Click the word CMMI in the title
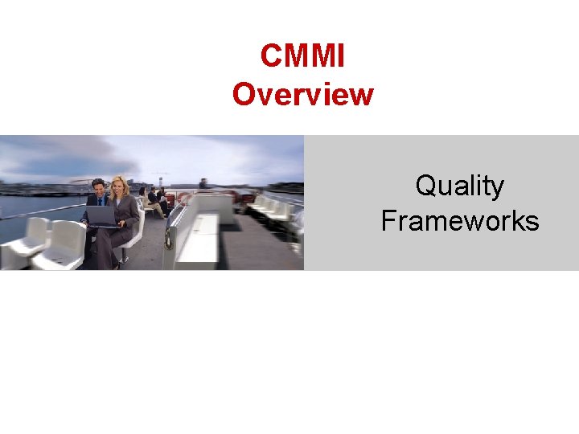(x=302, y=56)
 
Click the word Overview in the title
(x=302, y=94)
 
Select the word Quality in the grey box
(x=459, y=186)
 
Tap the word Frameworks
(x=459, y=219)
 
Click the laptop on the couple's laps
(x=102, y=215)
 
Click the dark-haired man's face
(x=98, y=190)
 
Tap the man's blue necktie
(x=101, y=202)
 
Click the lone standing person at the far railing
(x=203, y=184)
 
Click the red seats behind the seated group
(x=181, y=198)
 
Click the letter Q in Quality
(x=425, y=186)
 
